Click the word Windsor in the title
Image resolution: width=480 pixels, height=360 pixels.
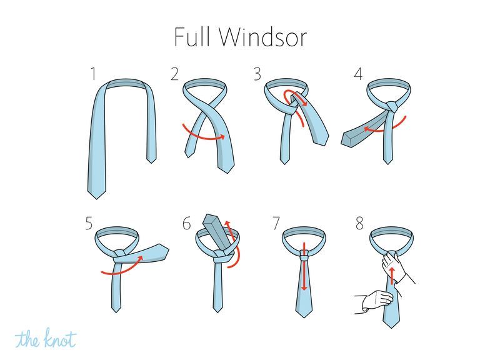click(x=263, y=37)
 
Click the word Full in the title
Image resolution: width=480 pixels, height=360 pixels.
click(x=192, y=37)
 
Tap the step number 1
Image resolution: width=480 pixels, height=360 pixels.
click(x=93, y=74)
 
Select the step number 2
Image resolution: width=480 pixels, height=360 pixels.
click(x=174, y=74)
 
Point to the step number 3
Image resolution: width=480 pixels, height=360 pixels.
click(x=257, y=74)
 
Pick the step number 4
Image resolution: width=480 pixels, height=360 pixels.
click(x=358, y=74)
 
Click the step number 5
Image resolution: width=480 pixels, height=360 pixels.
click(x=89, y=223)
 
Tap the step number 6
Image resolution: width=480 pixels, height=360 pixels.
click(x=186, y=223)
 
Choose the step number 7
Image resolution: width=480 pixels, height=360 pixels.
click(x=276, y=223)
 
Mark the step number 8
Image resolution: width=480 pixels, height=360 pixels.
click(x=359, y=223)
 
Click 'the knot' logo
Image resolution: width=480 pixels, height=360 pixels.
click(x=45, y=338)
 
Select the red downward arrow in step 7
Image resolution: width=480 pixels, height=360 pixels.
click(x=304, y=266)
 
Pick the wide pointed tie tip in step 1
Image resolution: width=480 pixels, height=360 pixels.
click(x=97, y=194)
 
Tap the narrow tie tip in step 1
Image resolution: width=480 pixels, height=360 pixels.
click(x=151, y=159)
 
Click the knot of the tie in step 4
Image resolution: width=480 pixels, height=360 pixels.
click(x=392, y=106)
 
